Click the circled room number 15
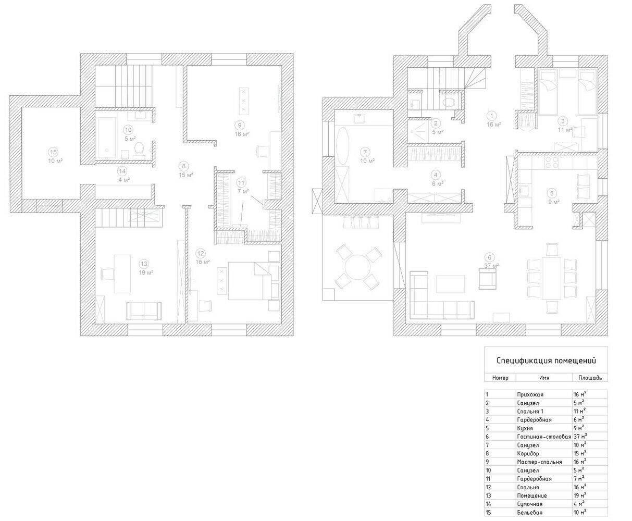click(x=53, y=152)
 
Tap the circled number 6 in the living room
click(x=489, y=257)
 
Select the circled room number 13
click(x=144, y=264)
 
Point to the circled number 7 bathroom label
click(x=365, y=152)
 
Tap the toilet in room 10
click(x=139, y=148)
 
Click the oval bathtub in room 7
click(x=343, y=146)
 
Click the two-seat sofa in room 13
click(x=144, y=311)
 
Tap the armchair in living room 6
click(x=487, y=279)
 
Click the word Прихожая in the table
click(x=530, y=394)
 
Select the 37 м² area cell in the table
click(x=580, y=436)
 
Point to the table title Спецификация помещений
click(x=546, y=361)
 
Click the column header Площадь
click(x=590, y=378)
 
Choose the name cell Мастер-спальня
click(x=539, y=462)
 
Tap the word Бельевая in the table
click(x=530, y=512)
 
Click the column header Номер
click(x=500, y=378)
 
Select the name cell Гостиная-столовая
click(x=544, y=436)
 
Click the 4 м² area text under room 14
click(x=124, y=180)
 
